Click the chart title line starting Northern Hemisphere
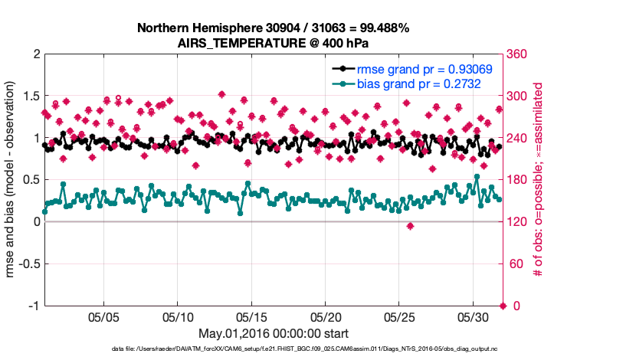coord(273,28)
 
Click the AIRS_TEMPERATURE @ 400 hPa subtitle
coord(273,43)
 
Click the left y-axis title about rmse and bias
coord(13,180)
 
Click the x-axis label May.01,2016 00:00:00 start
coord(273,333)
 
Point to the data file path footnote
coord(273,349)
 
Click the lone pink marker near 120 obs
coord(411,226)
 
